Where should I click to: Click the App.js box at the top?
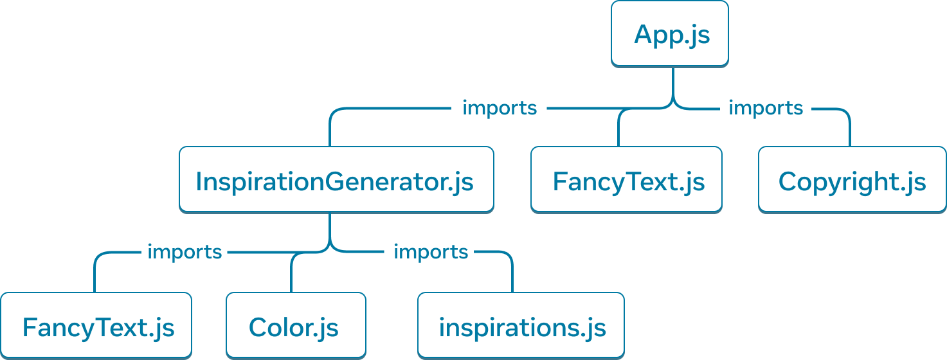coord(669,33)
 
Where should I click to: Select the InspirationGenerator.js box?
coord(336,179)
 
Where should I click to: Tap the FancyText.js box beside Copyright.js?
coord(626,179)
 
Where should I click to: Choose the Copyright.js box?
coord(852,179)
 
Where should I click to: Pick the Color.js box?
coord(296,325)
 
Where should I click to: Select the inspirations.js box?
coord(521,325)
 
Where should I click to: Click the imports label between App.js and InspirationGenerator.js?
coord(500,108)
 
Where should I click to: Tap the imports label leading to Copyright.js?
coord(765,108)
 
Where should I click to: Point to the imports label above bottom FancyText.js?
coord(185,252)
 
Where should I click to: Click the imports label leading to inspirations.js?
coord(430,252)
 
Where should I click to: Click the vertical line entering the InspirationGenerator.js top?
coord(330,132)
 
